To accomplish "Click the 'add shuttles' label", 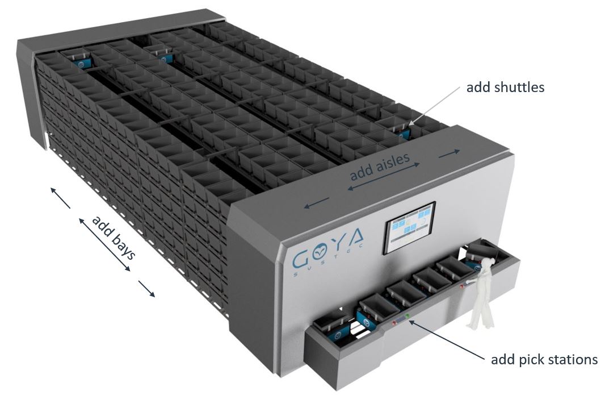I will pyautogui.click(x=505, y=88).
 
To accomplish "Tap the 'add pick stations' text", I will pyautogui.click(x=544, y=360).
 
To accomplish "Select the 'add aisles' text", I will pyautogui.click(x=379, y=167).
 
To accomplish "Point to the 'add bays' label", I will pyautogui.click(x=114, y=237).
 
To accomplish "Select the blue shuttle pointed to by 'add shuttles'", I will pyautogui.click(x=405, y=134).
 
